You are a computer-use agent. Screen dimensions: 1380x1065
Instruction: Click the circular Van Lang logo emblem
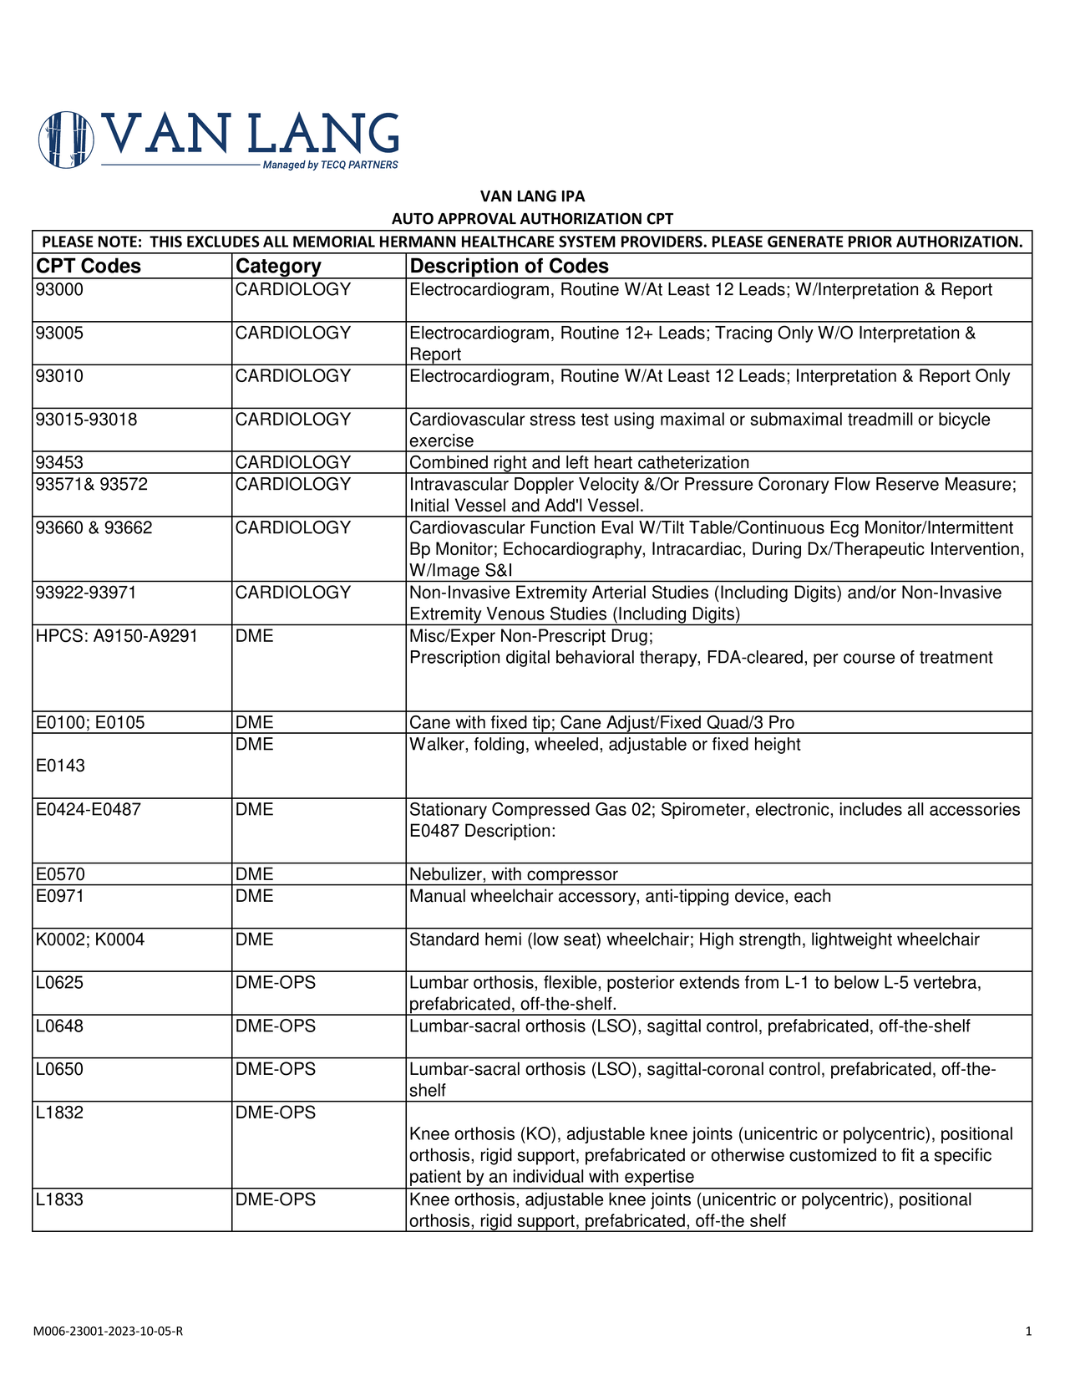[66, 140]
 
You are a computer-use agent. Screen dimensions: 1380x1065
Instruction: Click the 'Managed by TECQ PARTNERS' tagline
[330, 165]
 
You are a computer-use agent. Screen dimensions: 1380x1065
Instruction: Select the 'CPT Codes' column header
[89, 266]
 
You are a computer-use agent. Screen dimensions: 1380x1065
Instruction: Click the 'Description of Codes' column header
[509, 266]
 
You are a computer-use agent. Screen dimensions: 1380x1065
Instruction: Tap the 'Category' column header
[278, 266]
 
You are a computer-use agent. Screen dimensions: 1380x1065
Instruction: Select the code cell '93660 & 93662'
[94, 527]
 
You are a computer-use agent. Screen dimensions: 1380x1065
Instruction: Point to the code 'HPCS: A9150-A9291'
[116, 636]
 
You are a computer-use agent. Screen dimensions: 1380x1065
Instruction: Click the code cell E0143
[60, 766]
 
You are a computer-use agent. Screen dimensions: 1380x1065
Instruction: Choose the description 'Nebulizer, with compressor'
[513, 874]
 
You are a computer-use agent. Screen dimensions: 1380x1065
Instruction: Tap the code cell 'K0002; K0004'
[90, 940]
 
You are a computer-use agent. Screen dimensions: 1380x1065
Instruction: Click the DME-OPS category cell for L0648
[276, 1026]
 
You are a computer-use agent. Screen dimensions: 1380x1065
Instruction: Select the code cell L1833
[59, 1199]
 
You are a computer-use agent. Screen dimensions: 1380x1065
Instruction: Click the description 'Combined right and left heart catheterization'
[579, 462]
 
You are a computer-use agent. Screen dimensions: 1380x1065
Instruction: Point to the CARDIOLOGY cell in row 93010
[293, 376]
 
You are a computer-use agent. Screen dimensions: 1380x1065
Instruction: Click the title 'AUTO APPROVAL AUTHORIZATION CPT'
[532, 219]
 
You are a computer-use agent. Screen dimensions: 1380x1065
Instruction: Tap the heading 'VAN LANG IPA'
[532, 196]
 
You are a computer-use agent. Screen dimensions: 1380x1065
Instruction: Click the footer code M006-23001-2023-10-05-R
[109, 1331]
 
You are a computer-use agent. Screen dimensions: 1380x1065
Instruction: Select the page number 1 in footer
[1028, 1331]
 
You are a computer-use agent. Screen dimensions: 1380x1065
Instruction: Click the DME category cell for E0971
[255, 896]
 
